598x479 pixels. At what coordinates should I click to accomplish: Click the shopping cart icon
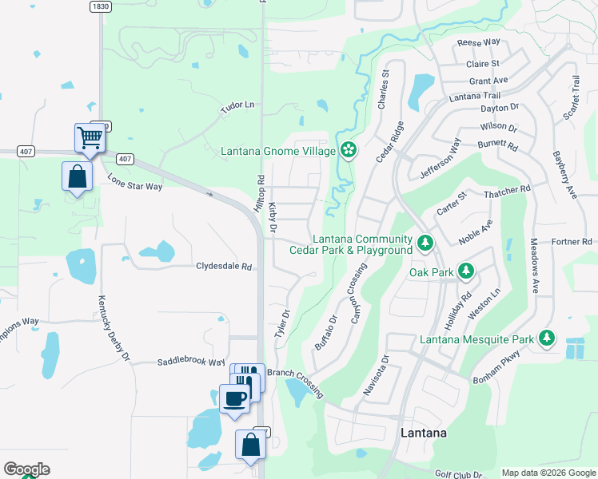tap(90, 137)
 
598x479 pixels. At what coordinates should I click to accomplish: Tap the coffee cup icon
tap(234, 398)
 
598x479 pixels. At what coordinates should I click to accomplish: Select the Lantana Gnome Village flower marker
tap(349, 149)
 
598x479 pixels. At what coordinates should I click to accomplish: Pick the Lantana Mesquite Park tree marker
tap(547, 339)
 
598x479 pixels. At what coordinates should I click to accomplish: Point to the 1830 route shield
tap(100, 6)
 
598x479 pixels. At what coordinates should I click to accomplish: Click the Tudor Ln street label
tap(237, 105)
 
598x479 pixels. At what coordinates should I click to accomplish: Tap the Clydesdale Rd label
tap(224, 267)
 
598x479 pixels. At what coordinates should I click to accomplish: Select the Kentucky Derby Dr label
tap(114, 328)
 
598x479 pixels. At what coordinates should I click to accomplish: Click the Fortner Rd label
tap(571, 241)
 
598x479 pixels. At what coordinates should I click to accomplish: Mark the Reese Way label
tap(478, 42)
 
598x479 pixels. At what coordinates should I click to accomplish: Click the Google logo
tap(26, 469)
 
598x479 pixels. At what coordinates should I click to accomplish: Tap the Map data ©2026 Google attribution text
tap(548, 473)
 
